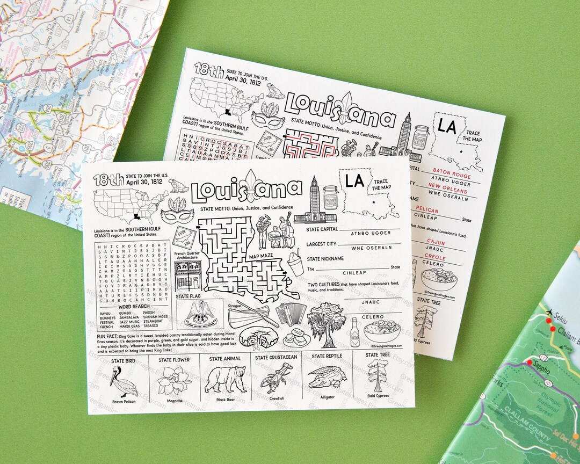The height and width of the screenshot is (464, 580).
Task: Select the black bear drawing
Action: click(226, 378)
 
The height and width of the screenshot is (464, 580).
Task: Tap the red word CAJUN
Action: click(436, 242)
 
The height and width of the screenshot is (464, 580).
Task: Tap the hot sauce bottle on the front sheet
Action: click(354, 332)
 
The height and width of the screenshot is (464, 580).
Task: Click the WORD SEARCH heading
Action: click(134, 307)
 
